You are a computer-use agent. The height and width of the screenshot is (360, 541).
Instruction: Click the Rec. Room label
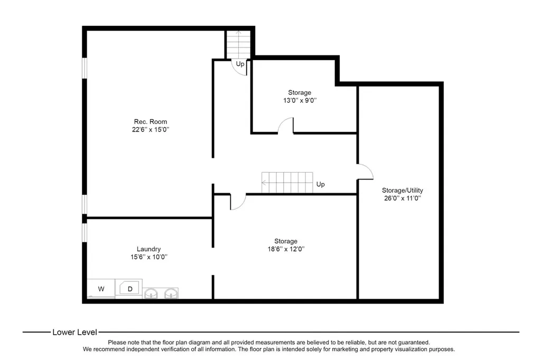coord(151,122)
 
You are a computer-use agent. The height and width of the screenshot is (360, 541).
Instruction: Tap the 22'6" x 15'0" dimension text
coord(151,130)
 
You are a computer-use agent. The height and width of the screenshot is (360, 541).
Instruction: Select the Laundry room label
coord(148,249)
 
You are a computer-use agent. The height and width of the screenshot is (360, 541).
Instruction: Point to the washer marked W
coord(101,289)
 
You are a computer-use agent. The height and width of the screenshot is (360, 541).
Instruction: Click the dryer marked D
coord(129,288)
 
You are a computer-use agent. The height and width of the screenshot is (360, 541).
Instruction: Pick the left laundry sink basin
coord(151,294)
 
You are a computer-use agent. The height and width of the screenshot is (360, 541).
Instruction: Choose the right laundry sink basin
coord(171,294)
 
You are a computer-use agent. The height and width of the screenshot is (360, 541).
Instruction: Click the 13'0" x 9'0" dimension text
coord(300,101)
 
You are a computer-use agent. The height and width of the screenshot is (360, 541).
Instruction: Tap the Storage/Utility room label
coord(402,191)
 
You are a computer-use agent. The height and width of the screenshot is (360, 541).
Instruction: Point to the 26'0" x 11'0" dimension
coord(402,198)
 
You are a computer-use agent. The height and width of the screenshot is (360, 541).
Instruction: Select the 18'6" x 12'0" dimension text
coord(286,249)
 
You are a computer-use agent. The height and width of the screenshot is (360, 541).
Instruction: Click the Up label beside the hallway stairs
coord(321,184)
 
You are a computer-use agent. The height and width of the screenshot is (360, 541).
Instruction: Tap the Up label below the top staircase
coord(240,64)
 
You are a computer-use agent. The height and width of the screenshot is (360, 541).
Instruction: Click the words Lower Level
coord(74,333)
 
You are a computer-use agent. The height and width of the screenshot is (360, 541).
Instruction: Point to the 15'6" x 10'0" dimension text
coord(148,257)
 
